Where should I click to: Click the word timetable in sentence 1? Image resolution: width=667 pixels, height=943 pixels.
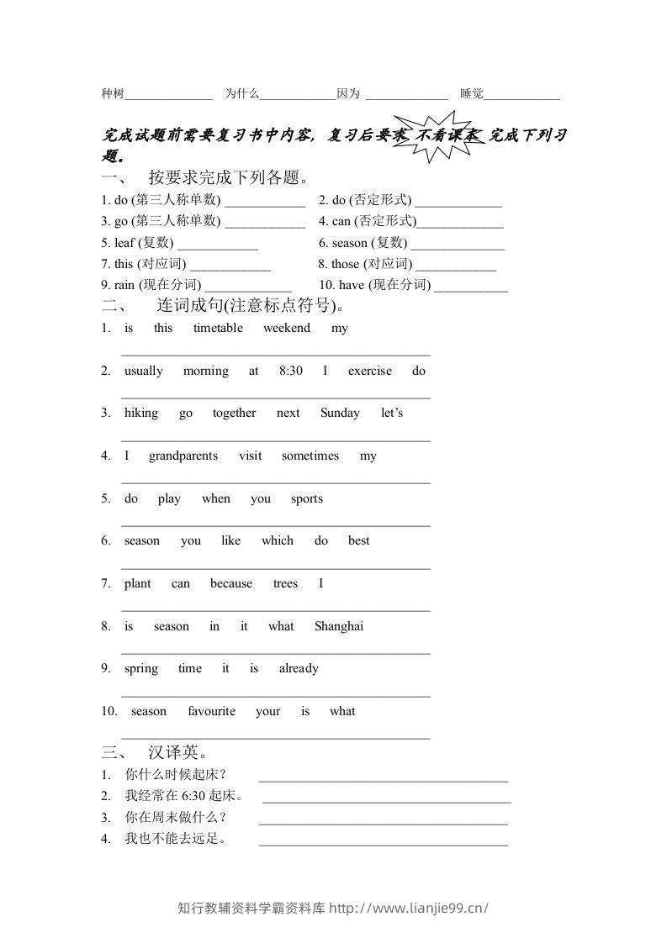click(218, 328)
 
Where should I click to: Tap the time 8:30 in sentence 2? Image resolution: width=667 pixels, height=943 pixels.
click(290, 371)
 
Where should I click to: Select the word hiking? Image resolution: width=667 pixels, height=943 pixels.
click(140, 414)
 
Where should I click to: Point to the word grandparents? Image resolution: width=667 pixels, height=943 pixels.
click(183, 456)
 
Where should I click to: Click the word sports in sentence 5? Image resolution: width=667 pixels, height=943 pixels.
click(307, 498)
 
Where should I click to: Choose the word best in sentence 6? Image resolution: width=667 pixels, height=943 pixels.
click(359, 540)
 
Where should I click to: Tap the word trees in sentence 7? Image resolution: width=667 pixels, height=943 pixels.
click(285, 583)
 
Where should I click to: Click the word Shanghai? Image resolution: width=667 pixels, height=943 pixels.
click(339, 626)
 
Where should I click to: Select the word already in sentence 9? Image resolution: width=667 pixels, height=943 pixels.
click(299, 669)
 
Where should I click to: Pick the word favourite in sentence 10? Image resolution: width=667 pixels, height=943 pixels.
click(211, 711)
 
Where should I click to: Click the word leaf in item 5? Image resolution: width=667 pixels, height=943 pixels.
click(124, 243)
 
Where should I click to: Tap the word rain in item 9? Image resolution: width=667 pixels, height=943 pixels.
click(124, 285)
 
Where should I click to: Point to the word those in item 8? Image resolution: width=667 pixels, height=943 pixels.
click(345, 264)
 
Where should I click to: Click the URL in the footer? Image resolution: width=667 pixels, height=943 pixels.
click(410, 908)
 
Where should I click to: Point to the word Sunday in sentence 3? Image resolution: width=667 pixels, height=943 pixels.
click(340, 414)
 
